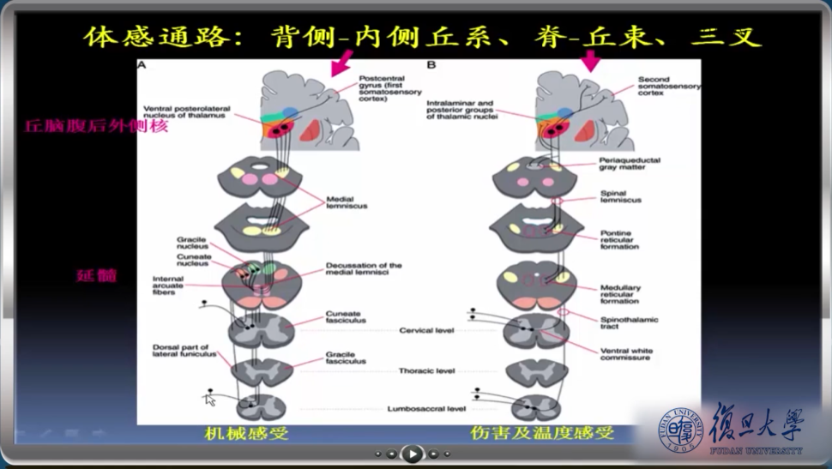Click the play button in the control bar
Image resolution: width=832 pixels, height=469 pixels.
click(413, 454)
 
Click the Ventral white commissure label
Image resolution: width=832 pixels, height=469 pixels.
click(628, 354)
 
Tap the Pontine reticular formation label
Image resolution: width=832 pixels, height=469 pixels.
click(619, 240)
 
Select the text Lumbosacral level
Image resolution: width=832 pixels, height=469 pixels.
click(426, 409)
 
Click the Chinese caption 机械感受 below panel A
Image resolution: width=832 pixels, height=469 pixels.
click(246, 434)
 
